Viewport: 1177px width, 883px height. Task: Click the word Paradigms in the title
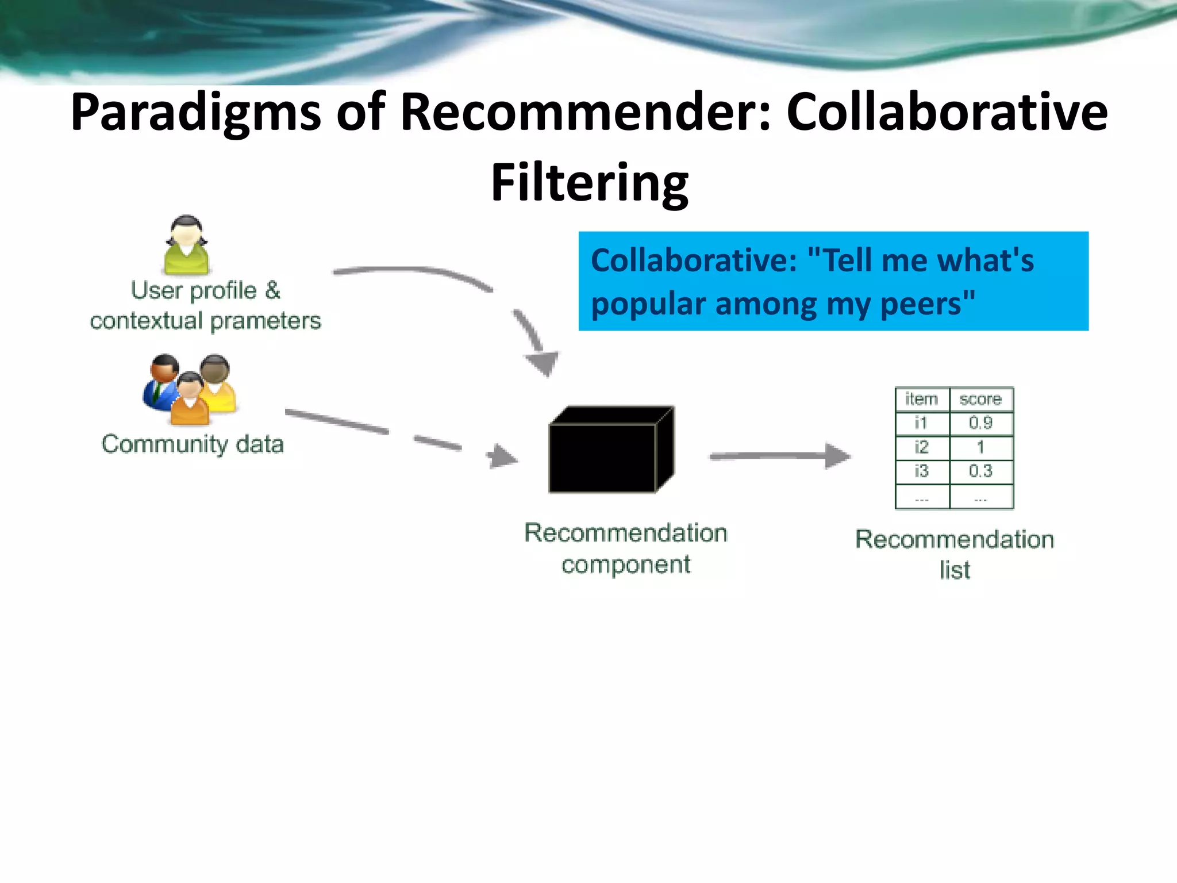pyautogui.click(x=195, y=113)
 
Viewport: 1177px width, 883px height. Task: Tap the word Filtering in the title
pyautogui.click(x=589, y=183)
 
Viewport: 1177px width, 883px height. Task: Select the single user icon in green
pyautogui.click(x=187, y=245)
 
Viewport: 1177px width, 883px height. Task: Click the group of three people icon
pyautogui.click(x=190, y=389)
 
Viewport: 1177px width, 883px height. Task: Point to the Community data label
pyautogui.click(x=193, y=444)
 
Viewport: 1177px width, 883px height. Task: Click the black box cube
pyautogui.click(x=611, y=450)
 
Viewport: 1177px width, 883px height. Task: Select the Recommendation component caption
pyautogui.click(x=626, y=548)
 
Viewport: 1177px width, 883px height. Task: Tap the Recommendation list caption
pyautogui.click(x=955, y=555)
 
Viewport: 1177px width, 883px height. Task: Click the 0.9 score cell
pyautogui.click(x=980, y=423)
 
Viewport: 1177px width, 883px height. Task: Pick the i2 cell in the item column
pyautogui.click(x=922, y=447)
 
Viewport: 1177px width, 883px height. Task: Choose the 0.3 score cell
pyautogui.click(x=980, y=471)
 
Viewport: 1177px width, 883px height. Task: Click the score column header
pyautogui.click(x=980, y=399)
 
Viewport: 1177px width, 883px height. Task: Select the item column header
pyautogui.click(x=922, y=399)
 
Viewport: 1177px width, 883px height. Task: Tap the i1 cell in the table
pyautogui.click(x=922, y=423)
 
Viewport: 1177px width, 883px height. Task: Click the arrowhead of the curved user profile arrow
pyautogui.click(x=542, y=362)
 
